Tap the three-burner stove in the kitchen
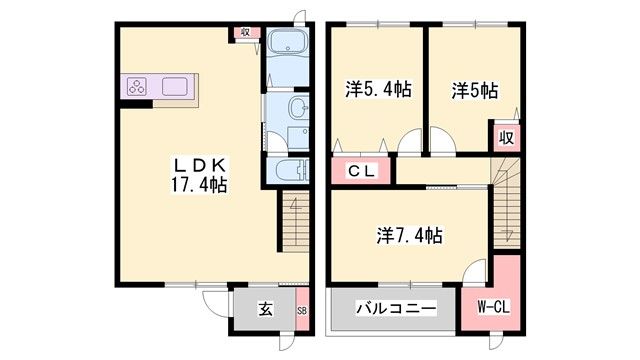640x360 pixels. [x=137, y=87]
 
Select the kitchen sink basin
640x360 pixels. [x=177, y=86]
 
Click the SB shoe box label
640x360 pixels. [x=303, y=310]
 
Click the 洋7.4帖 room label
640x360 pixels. [x=410, y=236]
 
